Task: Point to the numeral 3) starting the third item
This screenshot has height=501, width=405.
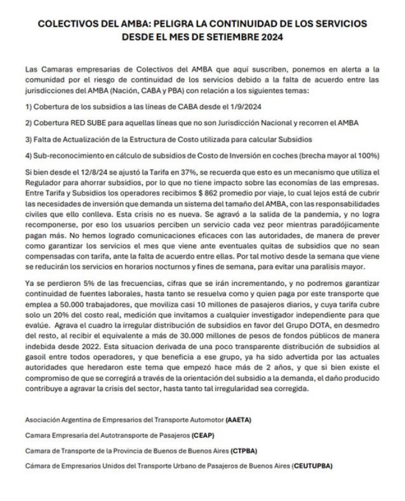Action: (29, 138)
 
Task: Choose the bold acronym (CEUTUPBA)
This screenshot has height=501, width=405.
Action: (312, 465)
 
